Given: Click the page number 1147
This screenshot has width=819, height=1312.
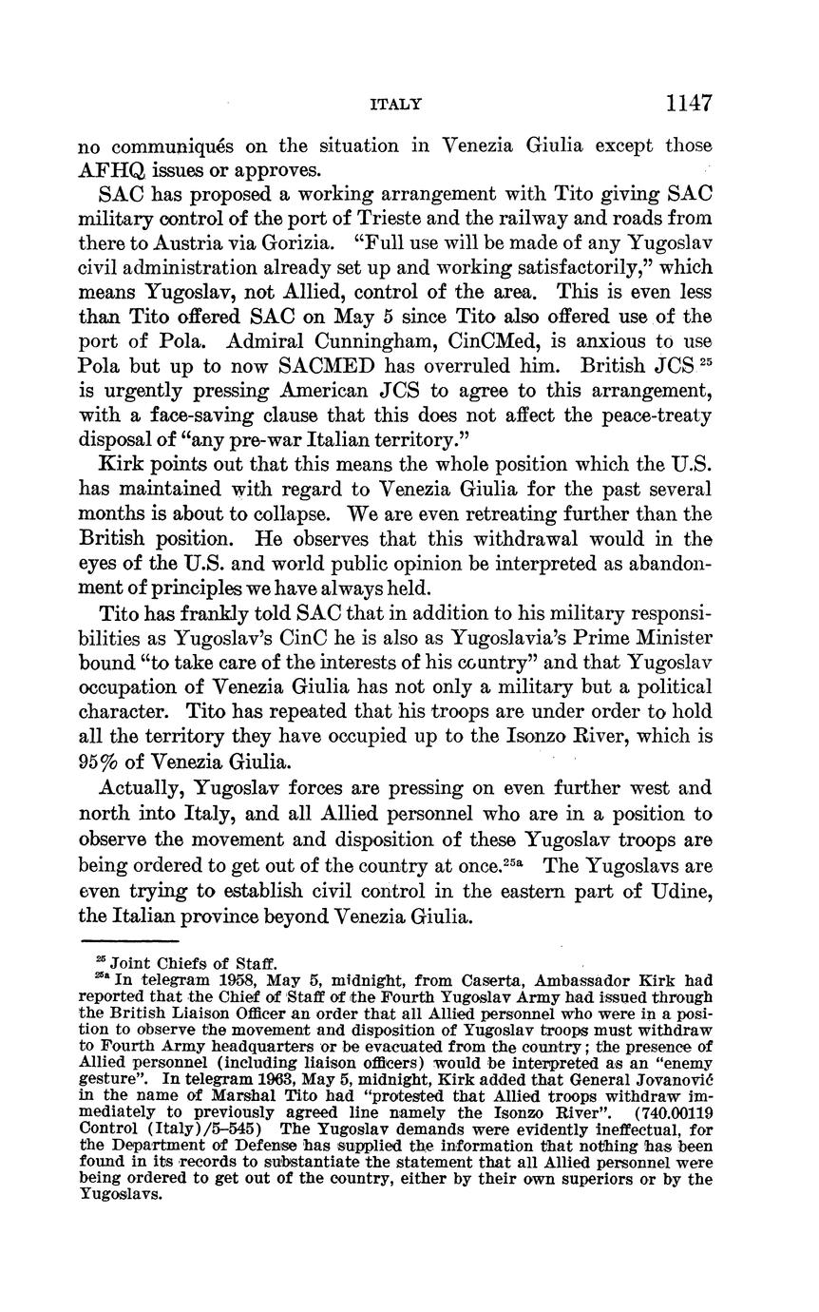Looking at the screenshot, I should coord(689,103).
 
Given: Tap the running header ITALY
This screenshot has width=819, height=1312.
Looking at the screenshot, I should coord(395,105).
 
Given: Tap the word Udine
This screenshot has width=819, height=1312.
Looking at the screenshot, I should coord(678,893).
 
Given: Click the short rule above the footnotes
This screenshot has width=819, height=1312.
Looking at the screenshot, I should coord(138,941).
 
